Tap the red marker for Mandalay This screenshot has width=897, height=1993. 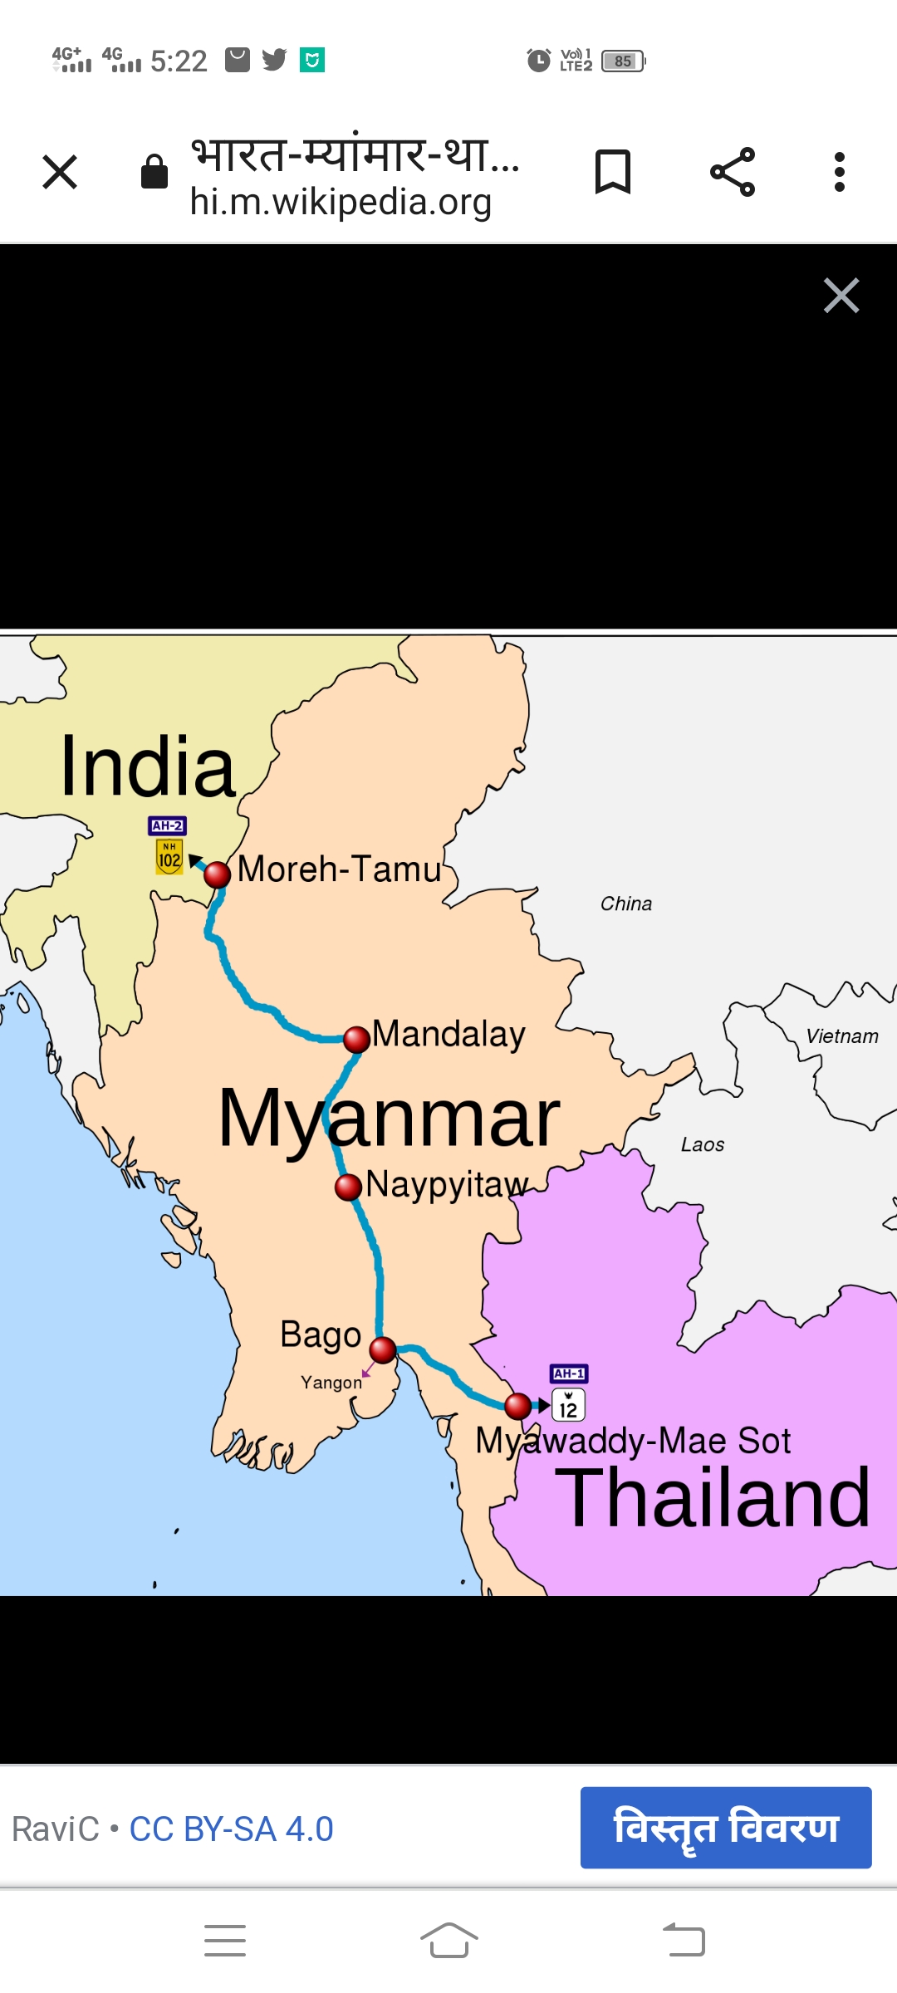[356, 1039]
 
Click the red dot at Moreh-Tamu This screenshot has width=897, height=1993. [217, 874]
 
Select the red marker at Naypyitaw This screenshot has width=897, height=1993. [349, 1187]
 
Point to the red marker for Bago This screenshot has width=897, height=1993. [382, 1349]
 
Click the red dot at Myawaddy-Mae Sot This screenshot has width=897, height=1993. [517, 1406]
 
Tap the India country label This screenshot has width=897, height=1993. [148, 767]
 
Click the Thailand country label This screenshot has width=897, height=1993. [712, 1498]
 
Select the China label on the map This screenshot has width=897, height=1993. [626, 903]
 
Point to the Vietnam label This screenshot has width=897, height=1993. [841, 1036]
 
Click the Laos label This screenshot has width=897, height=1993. [702, 1145]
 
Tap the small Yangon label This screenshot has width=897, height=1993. [331, 1383]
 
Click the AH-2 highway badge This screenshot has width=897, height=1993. [167, 825]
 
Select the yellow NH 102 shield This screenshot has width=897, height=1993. [169, 857]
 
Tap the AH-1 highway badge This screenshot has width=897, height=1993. [569, 1374]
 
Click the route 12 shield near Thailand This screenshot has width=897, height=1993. [569, 1406]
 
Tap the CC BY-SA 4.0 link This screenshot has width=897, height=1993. [231, 1829]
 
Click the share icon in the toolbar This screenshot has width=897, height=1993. [733, 172]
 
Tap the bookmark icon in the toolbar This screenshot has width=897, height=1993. [613, 172]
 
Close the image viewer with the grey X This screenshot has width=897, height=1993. [841, 296]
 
